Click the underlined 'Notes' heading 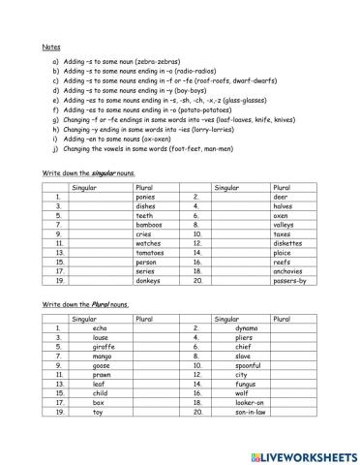52,46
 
